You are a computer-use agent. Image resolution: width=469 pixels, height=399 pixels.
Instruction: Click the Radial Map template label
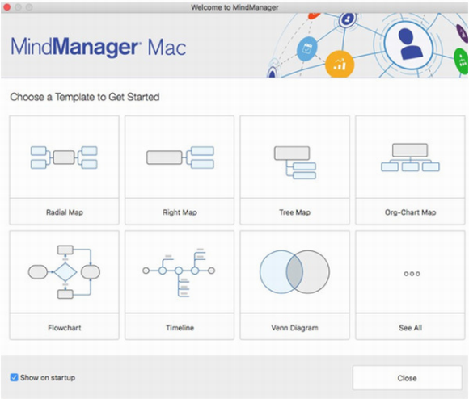tap(65, 212)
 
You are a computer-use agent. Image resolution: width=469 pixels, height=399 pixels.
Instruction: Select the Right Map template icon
tap(180, 157)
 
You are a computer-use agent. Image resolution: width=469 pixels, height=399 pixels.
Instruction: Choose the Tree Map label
tap(295, 212)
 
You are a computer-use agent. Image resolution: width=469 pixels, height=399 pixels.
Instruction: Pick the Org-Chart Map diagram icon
tap(410, 157)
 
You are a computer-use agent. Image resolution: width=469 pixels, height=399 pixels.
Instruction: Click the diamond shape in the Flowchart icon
tap(65, 272)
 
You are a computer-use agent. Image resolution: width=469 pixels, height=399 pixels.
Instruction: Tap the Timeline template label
tap(180, 328)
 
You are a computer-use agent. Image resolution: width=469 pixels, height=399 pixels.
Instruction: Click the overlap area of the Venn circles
tap(294, 272)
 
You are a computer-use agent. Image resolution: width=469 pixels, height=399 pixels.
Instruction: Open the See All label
tap(411, 328)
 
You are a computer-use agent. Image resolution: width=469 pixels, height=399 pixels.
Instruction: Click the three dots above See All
tap(412, 274)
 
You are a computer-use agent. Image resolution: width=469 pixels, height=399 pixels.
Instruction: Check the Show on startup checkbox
tap(14, 377)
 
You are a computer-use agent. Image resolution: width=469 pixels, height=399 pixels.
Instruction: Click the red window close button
tap(7, 7)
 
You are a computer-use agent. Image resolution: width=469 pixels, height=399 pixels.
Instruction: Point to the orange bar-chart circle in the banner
tap(340, 64)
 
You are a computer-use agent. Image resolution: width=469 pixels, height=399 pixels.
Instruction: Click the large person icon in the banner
tap(409, 44)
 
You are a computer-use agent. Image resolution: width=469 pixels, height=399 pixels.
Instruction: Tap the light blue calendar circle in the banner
tap(307, 48)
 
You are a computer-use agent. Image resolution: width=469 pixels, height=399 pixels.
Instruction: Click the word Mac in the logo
tap(167, 48)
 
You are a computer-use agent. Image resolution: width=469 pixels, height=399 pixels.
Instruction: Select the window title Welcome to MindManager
tap(234, 7)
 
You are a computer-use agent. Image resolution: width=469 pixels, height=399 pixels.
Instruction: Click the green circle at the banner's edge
tap(462, 61)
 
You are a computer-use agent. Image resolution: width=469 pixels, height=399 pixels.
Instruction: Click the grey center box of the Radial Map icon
tap(64, 157)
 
